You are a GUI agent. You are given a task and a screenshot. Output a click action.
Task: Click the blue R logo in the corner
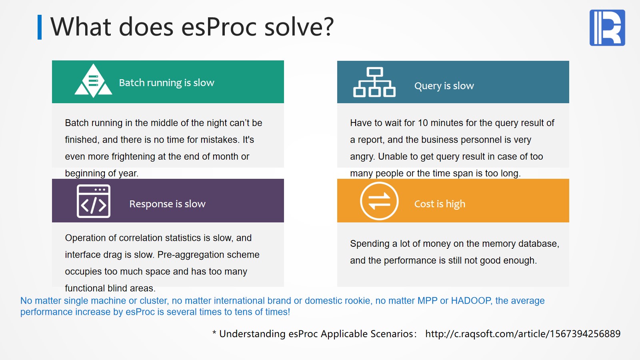click(607, 28)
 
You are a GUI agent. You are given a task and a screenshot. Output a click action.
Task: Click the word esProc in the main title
click(219, 27)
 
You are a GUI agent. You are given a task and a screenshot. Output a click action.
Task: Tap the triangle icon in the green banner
click(93, 80)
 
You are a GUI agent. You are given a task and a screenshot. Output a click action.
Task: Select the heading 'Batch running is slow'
click(166, 82)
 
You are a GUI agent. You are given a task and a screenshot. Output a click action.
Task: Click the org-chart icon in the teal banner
click(374, 82)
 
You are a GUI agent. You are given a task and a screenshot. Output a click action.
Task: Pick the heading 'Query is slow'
click(444, 86)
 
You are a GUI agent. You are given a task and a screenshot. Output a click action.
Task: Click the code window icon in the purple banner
click(94, 201)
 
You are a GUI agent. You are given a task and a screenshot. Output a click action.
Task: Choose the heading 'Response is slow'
click(167, 204)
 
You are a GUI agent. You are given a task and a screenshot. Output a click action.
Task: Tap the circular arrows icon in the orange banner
click(379, 201)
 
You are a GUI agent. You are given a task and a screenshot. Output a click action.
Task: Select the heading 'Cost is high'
click(440, 204)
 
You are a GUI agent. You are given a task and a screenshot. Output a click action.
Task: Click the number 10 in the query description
click(423, 123)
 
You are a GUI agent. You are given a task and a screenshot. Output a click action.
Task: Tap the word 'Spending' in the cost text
click(370, 244)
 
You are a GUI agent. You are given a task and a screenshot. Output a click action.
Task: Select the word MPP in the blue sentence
click(428, 300)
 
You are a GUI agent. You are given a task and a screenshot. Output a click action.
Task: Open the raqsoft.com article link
click(523, 334)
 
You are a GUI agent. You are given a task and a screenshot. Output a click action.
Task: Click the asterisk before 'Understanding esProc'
click(214, 332)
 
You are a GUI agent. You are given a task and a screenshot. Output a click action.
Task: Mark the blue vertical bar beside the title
click(40, 27)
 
